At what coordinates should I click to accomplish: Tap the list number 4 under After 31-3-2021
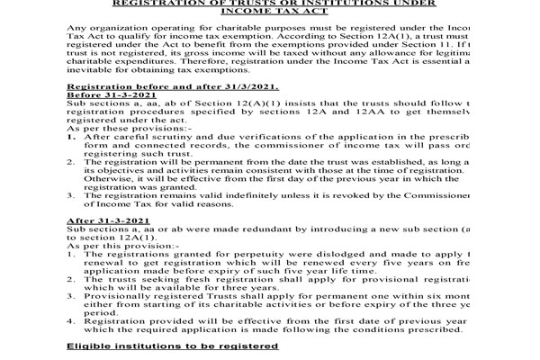click(x=70, y=319)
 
